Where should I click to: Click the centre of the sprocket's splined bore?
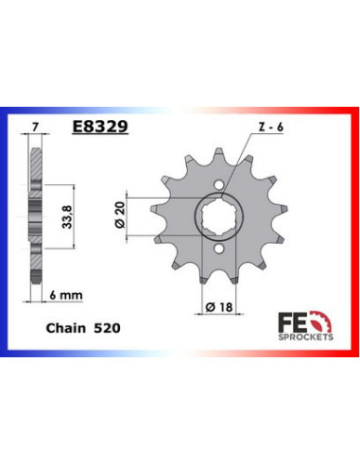point(220,216)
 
